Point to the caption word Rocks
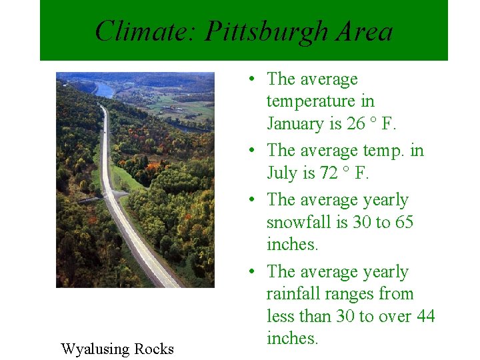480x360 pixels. point(153,349)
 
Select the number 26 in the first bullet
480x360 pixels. point(357,124)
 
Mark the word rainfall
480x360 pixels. point(294,294)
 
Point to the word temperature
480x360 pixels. point(320,101)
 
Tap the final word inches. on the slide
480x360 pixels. point(293,338)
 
